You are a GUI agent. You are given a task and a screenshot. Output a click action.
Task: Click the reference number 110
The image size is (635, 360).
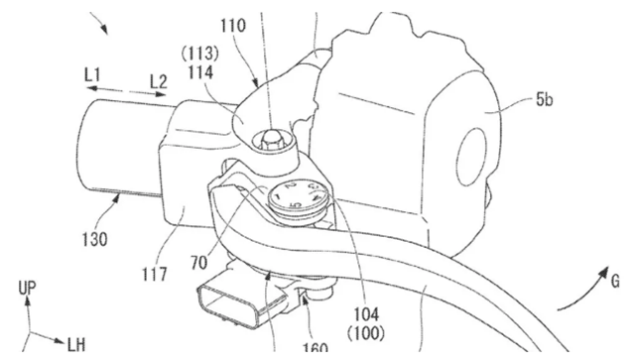233,26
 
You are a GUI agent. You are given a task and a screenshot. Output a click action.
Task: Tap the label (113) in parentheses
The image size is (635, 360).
199,53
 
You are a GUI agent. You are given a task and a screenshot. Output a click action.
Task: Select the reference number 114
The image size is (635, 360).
200,72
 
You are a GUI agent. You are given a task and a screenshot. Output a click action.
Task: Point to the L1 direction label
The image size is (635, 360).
92,75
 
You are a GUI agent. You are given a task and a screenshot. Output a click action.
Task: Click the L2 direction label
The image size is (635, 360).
159,81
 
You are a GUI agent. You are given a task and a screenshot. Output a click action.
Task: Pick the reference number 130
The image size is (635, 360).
95,239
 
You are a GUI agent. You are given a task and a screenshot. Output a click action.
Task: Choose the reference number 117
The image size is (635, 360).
155,274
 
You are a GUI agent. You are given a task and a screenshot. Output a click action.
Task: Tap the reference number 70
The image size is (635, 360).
198,263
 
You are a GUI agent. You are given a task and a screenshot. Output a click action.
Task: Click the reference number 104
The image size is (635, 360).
366,314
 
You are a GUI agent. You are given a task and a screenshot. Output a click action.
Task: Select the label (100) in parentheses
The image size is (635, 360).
366,333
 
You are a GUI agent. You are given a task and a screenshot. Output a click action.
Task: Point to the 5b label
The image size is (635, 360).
545,99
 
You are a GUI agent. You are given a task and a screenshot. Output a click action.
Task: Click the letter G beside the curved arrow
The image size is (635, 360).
615,281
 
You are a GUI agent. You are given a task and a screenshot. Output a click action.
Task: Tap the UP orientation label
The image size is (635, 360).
27,288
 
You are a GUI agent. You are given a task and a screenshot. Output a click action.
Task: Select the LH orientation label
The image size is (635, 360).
76,345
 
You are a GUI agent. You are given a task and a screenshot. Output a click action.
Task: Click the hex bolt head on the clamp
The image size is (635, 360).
271,141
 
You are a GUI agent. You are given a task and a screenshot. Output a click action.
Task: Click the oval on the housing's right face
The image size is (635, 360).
471,157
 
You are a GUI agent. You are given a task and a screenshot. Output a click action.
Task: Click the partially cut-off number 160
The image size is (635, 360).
316,347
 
